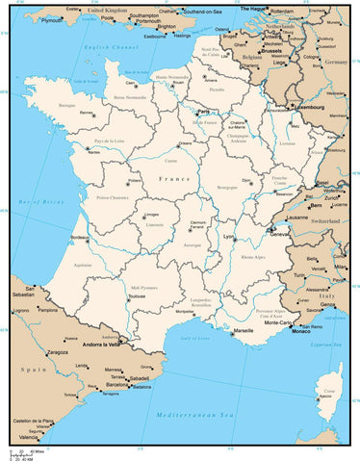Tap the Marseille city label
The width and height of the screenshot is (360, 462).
[244, 330]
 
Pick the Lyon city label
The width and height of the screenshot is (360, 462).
[229, 236]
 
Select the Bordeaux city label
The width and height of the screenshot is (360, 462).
[80, 237]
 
